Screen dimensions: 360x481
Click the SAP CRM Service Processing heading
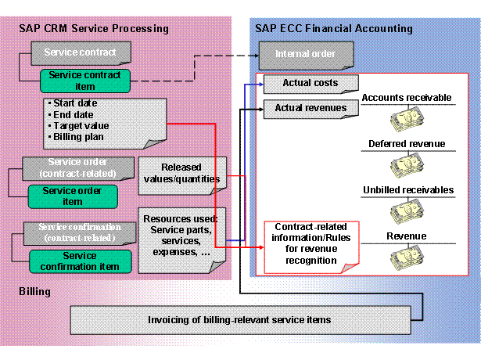[94, 29]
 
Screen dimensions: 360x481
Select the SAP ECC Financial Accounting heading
[334, 29]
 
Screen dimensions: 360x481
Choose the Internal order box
[307, 55]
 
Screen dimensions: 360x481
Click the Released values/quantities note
[181, 172]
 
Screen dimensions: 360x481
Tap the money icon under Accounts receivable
[406, 120]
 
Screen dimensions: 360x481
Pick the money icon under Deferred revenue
[406, 165]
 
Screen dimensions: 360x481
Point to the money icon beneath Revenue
[406, 257]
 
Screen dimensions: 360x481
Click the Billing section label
[34, 291]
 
